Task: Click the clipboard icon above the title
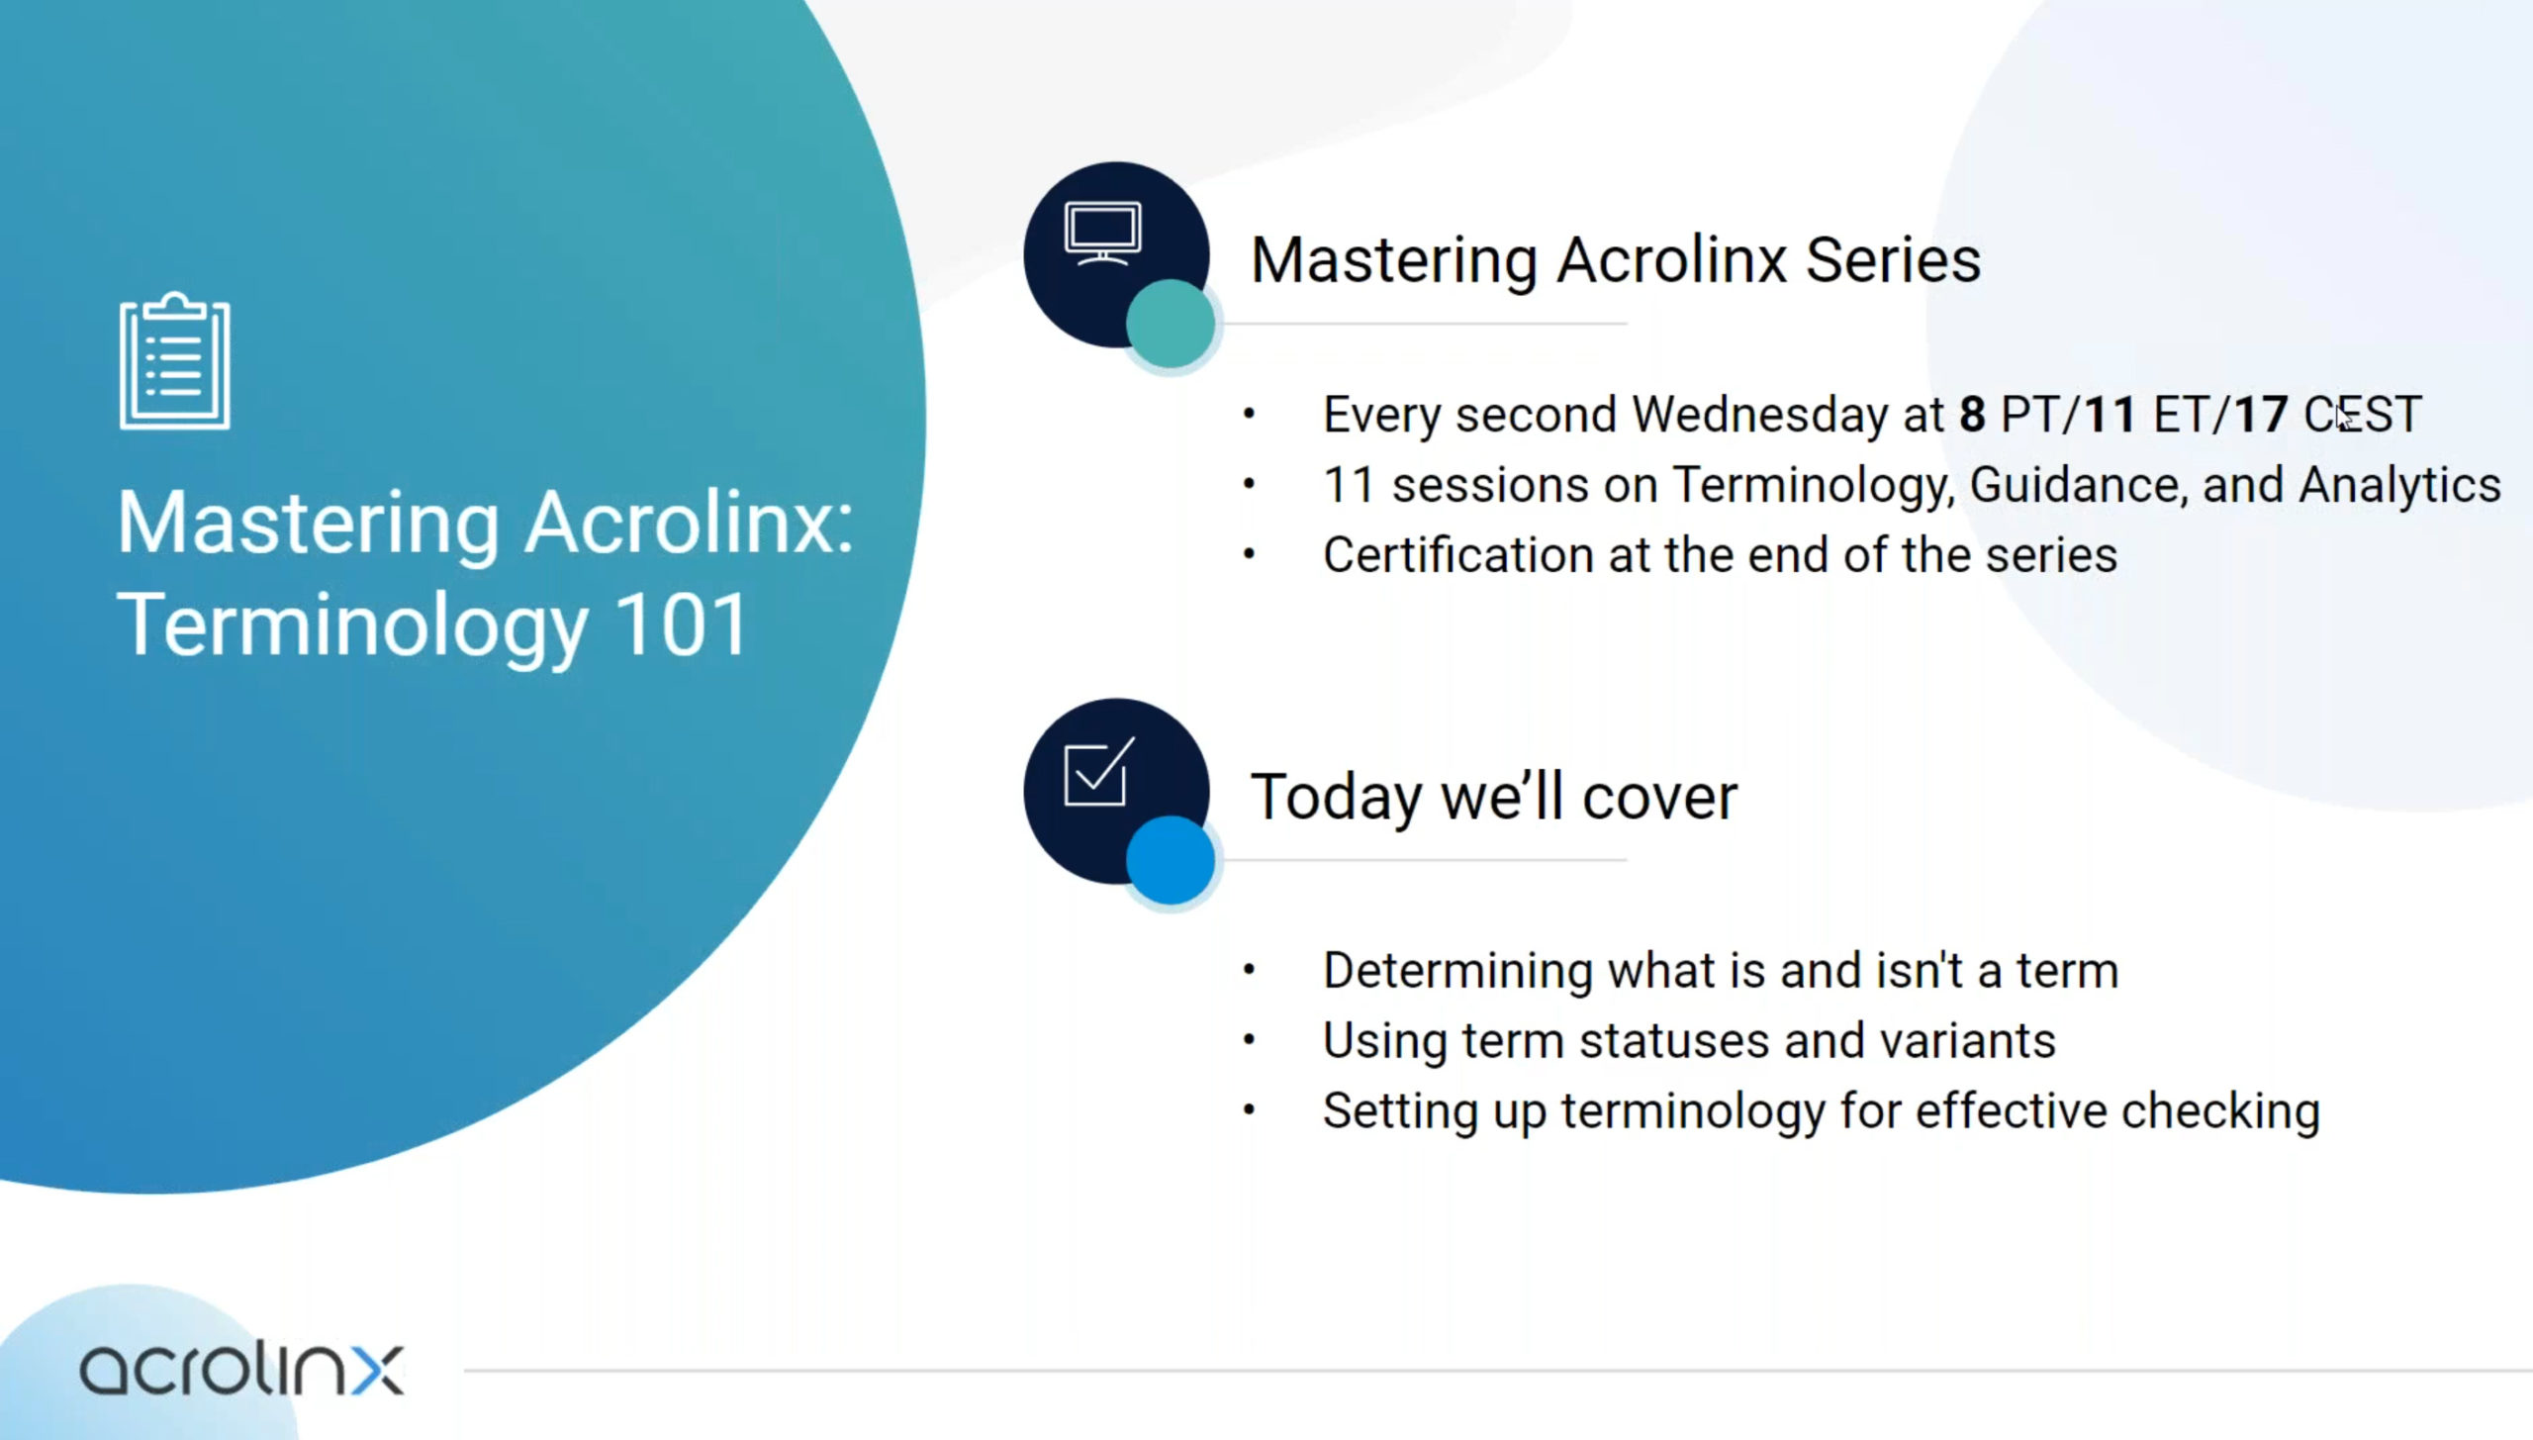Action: coord(175,361)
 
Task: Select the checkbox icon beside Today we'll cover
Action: coord(1098,772)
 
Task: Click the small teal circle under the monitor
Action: coord(1171,324)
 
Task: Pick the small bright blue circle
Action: coord(1171,860)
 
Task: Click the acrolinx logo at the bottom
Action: coord(241,1369)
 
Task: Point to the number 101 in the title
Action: coord(681,624)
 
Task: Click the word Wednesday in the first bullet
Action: coord(1759,414)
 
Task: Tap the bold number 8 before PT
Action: coord(1972,414)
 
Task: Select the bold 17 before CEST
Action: coord(2261,414)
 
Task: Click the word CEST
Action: coord(2363,414)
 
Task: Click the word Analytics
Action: coord(2399,485)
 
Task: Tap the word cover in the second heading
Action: coord(1659,797)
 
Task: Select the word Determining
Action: coord(1457,971)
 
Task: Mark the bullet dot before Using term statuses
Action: coord(1249,1040)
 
